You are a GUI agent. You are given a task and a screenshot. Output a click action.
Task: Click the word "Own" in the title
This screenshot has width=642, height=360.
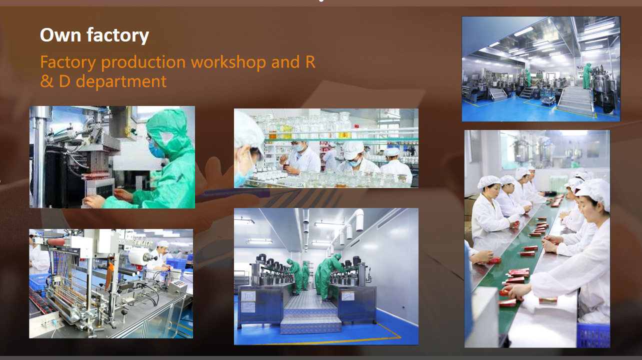(60, 35)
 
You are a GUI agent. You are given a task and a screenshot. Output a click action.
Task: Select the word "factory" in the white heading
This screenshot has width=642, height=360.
(117, 35)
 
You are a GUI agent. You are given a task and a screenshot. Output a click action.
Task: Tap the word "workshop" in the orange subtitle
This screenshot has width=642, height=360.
(228, 62)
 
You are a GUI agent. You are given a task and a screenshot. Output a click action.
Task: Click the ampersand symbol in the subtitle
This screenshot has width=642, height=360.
(46, 81)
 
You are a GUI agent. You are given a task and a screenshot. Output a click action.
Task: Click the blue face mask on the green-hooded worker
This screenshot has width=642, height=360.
(155, 150)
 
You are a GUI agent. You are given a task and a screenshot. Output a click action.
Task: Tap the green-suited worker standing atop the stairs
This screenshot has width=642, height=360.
(587, 76)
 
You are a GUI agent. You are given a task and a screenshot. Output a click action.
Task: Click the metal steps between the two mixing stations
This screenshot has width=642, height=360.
(310, 312)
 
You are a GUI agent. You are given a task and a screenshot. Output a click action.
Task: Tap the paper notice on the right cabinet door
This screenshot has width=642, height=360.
(347, 296)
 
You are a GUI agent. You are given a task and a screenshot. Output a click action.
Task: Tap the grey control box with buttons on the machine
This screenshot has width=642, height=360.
(177, 287)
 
